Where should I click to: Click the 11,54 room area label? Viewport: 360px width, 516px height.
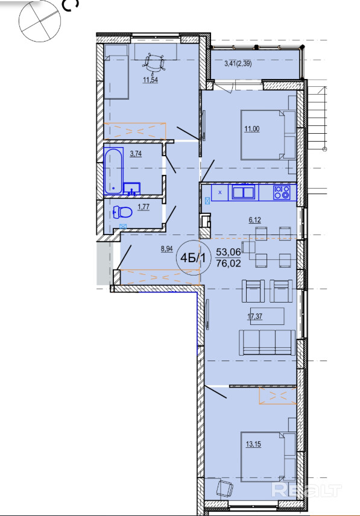(x=150, y=80)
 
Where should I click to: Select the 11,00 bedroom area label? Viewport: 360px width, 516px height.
(x=251, y=129)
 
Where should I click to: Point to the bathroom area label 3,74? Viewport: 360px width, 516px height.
(x=136, y=153)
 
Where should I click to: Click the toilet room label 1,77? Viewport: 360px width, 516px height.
(x=144, y=207)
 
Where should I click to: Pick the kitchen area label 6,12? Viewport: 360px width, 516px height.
(x=254, y=220)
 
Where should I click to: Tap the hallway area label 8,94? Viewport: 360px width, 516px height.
(x=167, y=249)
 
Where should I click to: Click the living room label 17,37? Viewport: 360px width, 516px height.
(x=254, y=316)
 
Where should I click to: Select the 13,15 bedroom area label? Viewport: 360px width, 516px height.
(x=253, y=444)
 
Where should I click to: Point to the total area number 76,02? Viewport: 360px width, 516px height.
(x=229, y=263)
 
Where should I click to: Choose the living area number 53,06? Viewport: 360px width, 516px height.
(x=229, y=253)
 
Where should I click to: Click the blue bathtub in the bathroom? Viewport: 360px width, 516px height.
(x=113, y=171)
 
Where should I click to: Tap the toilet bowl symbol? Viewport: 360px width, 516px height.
(x=122, y=212)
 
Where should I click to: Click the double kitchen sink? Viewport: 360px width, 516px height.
(x=244, y=192)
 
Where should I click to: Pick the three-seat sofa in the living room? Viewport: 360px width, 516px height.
(x=267, y=342)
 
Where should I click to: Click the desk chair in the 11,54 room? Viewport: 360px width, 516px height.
(x=154, y=63)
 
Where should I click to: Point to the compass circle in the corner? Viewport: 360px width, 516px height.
(x=40, y=21)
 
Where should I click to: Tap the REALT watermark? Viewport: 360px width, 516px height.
(x=306, y=491)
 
